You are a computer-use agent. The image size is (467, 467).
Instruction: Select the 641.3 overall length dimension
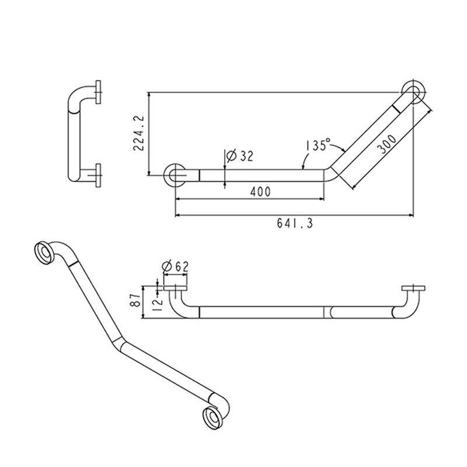tap(294, 224)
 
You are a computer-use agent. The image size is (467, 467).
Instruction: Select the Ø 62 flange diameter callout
tap(175, 266)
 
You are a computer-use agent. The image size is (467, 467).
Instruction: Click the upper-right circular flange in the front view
tap(414, 93)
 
